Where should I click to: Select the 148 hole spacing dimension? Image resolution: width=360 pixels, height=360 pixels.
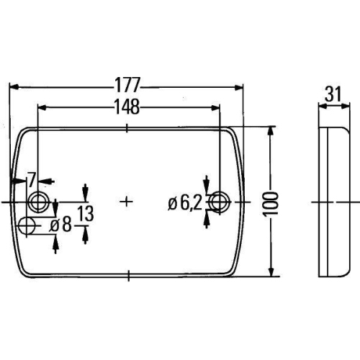(127, 106)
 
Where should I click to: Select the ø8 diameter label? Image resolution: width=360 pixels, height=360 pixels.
(61, 225)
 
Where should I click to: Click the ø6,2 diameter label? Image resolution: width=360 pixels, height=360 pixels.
(184, 203)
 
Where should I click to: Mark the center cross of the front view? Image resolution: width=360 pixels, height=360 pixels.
(127, 201)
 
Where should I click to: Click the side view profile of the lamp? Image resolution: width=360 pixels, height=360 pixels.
(332, 202)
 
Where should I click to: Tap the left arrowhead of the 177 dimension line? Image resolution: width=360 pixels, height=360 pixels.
(14, 86)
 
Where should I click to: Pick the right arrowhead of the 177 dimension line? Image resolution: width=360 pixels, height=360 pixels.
(240, 86)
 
